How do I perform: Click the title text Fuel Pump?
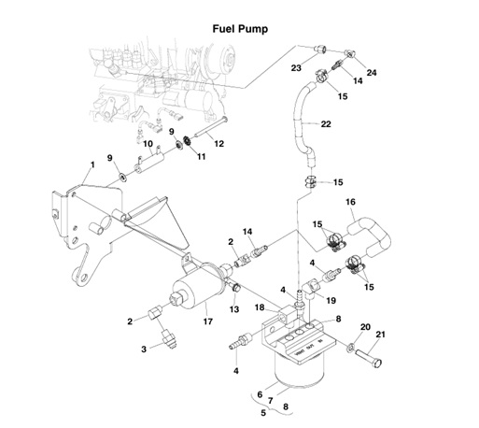(x=239, y=29)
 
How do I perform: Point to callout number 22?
(x=326, y=123)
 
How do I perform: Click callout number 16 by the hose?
(x=352, y=202)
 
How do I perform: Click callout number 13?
(x=235, y=309)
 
